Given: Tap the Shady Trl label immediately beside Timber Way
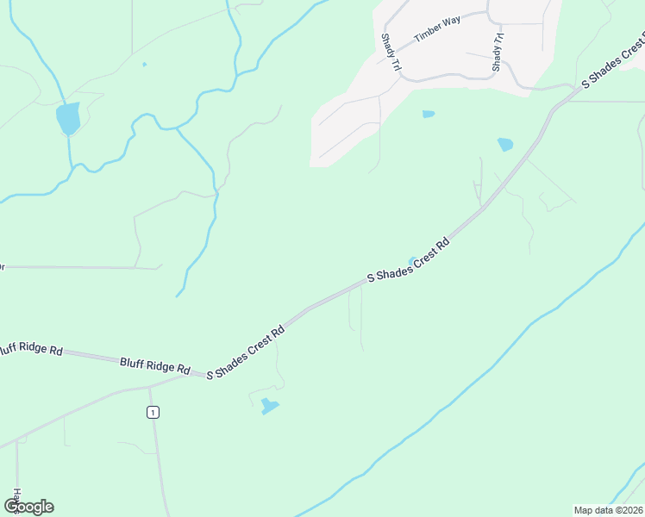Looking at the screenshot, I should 390,53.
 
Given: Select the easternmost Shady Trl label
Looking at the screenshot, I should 497,53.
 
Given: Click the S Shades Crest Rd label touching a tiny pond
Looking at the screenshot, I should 409,261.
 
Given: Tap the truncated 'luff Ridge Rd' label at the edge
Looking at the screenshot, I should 31,350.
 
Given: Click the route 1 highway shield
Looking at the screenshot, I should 153,413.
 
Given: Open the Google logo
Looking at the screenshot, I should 28,507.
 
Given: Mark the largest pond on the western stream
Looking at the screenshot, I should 67,118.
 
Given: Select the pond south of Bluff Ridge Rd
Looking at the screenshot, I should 270,405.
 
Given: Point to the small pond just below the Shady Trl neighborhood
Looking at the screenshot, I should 429,114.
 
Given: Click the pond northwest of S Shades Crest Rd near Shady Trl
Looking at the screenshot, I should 505,145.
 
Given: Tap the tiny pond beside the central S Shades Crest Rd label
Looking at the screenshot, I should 412,260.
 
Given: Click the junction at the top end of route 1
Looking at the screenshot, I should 149,387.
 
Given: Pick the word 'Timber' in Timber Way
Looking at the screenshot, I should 427,34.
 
